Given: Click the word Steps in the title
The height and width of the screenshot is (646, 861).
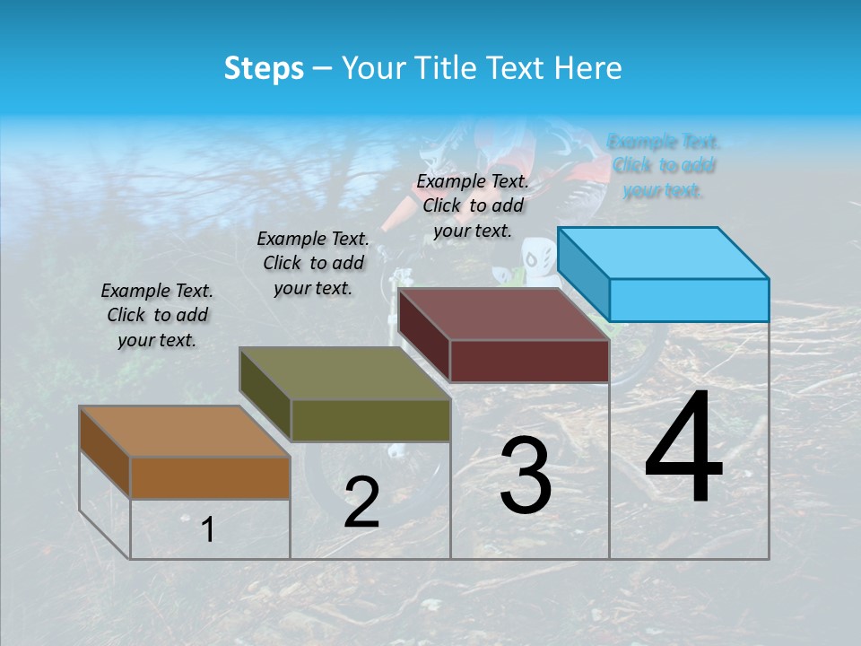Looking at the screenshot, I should pos(264,68).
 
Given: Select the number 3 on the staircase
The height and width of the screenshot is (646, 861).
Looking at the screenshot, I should pos(525,476).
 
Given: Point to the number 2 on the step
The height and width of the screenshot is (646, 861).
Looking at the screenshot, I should pos(361,502).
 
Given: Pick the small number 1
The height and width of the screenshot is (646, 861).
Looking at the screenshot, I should pos(207,530).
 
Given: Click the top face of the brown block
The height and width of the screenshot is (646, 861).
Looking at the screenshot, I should pos(184,432).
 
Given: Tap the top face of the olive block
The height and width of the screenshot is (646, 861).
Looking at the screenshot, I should pos(344,373).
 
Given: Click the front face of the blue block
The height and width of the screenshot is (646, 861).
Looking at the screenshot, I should pos(689,300).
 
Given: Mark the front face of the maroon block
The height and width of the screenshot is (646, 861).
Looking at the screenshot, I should pos(529,361).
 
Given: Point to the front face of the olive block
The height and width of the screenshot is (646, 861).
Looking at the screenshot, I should pos(370,420).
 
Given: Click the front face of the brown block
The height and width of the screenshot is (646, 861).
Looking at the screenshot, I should pos(210,477).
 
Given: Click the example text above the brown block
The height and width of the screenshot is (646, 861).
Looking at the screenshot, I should pos(157,315).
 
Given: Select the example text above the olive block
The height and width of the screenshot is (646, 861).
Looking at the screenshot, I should pos(313,263).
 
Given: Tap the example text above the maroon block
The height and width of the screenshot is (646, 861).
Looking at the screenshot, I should pos(473,205).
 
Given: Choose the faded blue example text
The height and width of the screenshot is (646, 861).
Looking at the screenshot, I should pos(663,166).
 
